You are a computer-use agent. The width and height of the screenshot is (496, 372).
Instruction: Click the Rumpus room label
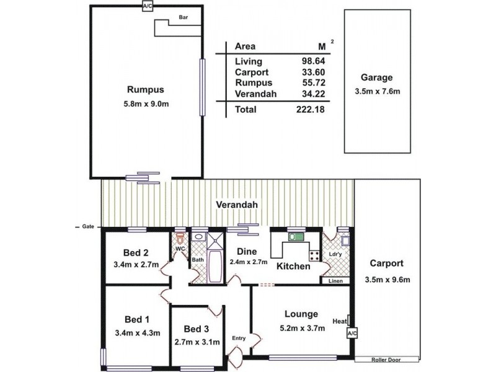coord(146,89)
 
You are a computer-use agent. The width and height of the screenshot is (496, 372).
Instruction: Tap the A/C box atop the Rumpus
coord(148,6)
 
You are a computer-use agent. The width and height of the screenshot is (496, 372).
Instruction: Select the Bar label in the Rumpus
coord(183,18)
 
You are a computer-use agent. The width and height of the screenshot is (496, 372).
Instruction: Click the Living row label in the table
coord(249,61)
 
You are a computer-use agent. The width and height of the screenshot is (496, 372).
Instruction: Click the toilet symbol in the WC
coord(180,238)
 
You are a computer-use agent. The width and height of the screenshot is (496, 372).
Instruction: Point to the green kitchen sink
coord(293,236)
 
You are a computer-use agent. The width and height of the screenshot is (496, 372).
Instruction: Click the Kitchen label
coord(293,267)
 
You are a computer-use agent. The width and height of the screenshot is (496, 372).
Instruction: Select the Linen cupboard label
coord(335,281)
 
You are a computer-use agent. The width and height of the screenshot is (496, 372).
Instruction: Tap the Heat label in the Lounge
coord(340,321)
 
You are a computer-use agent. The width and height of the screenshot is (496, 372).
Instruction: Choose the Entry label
coord(239,338)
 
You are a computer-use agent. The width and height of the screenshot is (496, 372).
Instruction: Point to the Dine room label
coord(246,252)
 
